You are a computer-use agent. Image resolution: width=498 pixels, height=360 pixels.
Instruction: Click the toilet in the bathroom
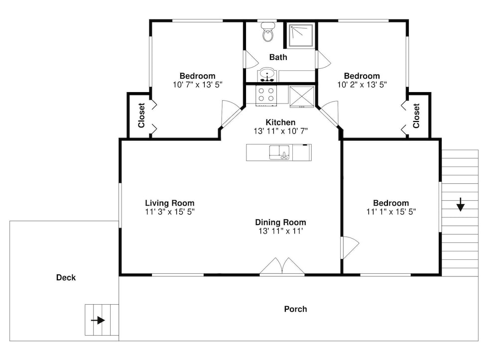[268, 32]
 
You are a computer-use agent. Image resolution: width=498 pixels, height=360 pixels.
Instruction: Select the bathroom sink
[267, 75]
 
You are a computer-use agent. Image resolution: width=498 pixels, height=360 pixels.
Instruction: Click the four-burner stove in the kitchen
[266, 95]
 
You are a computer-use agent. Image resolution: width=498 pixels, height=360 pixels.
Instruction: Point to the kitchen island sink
[279, 152]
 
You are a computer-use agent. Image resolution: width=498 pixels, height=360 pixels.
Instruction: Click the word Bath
[278, 57]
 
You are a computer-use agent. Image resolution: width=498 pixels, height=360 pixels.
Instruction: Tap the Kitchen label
[280, 122]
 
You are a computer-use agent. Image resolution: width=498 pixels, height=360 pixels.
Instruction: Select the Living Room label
[170, 203]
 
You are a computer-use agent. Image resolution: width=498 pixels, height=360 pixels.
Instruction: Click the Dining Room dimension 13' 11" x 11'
[280, 231]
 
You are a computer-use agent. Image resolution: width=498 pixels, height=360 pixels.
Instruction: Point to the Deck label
[66, 277]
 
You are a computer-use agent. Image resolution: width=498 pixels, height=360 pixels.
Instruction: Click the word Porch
[295, 309]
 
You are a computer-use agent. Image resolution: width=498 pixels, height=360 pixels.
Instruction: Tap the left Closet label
[141, 115]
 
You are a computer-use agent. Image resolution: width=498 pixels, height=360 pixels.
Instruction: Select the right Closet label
[416, 116]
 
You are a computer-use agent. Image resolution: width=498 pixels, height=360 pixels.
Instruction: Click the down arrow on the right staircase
[461, 205]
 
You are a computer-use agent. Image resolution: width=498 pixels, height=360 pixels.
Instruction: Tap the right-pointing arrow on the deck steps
[98, 320]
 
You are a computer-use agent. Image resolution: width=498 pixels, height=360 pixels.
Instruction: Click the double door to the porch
[282, 266]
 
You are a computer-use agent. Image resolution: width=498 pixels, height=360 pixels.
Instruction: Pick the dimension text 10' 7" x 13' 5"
[198, 85]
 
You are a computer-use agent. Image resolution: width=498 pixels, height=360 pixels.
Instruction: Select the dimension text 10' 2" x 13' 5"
[362, 85]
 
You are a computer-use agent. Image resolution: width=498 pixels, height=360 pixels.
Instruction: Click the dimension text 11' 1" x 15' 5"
[391, 212]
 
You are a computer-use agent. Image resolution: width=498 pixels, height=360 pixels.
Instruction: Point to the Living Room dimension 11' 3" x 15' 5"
[170, 212]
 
